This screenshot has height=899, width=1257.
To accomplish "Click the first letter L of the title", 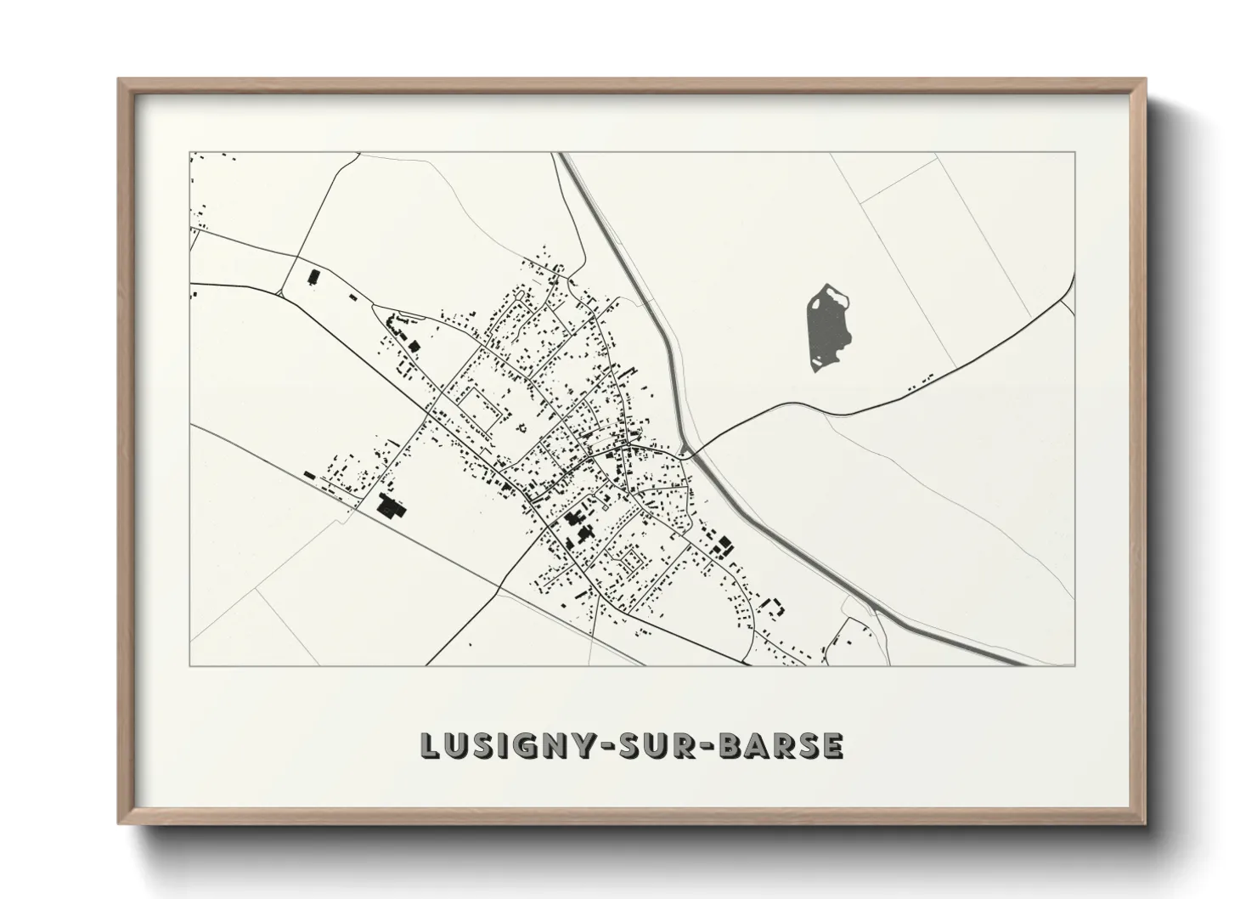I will point(430,745).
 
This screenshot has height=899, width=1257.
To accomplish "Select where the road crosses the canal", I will point(689,455).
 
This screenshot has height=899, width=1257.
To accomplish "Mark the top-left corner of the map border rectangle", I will point(189,152).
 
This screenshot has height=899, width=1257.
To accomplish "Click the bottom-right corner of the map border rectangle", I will point(1075,665).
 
